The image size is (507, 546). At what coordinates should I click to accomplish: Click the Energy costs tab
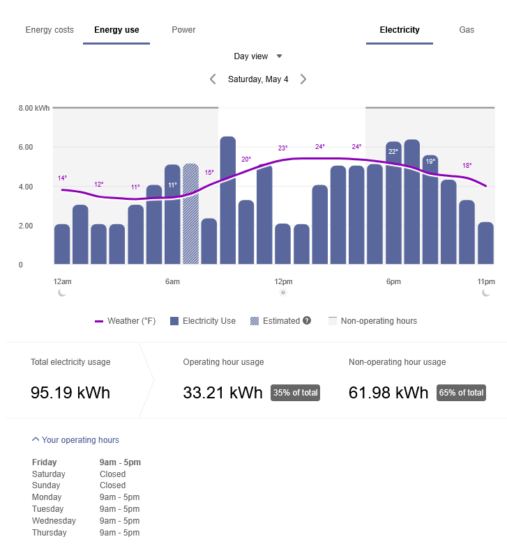click(x=50, y=30)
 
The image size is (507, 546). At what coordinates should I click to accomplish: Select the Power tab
click(x=183, y=30)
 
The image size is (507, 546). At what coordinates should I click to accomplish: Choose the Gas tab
click(x=467, y=30)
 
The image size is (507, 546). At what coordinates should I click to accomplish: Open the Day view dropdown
click(x=258, y=56)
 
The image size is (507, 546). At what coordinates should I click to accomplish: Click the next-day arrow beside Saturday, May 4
click(x=303, y=79)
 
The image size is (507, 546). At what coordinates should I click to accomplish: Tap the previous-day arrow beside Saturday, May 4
click(x=213, y=79)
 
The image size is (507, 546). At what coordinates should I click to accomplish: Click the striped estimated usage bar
click(x=190, y=214)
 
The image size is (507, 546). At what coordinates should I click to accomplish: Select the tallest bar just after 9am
click(x=227, y=201)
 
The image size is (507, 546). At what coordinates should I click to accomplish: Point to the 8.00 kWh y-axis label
click(x=34, y=108)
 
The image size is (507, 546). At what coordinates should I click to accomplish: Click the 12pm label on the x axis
click(x=283, y=281)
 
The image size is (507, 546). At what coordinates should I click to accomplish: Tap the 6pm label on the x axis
click(x=393, y=281)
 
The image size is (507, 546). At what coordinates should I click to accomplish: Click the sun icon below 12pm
click(x=283, y=293)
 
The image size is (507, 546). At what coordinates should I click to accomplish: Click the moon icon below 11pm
click(x=486, y=293)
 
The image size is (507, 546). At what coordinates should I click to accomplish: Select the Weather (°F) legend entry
click(x=126, y=321)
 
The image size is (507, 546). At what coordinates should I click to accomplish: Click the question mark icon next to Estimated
click(x=307, y=321)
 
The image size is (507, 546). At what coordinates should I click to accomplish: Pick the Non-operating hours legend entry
click(x=372, y=321)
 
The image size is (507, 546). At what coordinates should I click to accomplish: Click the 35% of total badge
click(x=295, y=393)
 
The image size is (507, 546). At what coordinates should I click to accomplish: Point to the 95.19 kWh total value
click(x=70, y=392)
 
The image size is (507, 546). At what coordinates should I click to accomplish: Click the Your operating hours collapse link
click(x=75, y=440)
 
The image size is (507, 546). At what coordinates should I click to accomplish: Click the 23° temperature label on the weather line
click(x=282, y=148)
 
